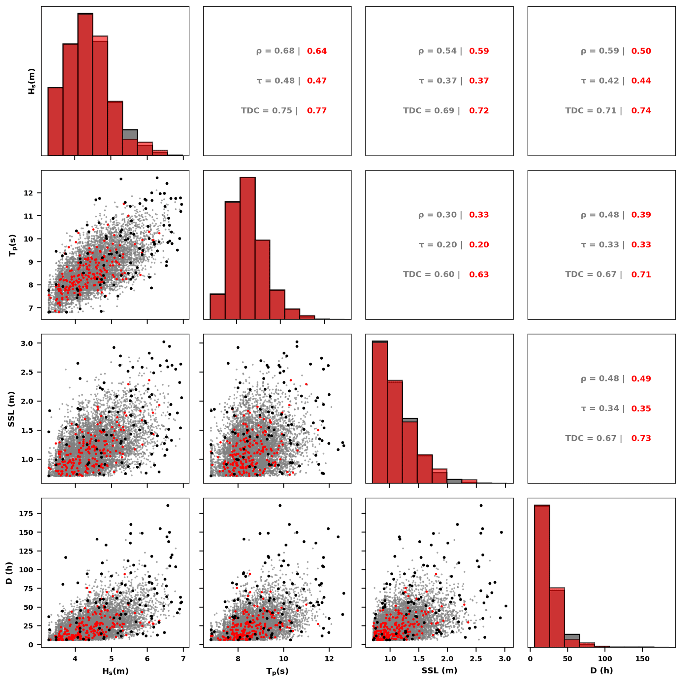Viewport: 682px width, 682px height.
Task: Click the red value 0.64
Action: coord(317,51)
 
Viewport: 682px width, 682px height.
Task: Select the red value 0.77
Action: coord(317,111)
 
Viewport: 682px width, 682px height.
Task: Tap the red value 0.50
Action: coord(641,51)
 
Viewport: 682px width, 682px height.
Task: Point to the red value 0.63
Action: coord(479,274)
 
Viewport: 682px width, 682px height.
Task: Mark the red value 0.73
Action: coord(641,438)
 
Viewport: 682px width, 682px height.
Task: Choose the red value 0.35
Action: coord(641,409)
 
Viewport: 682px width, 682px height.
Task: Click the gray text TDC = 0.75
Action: coord(267,111)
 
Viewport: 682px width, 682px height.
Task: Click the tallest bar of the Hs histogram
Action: coord(85,85)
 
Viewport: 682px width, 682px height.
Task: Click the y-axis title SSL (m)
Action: coord(11,409)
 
